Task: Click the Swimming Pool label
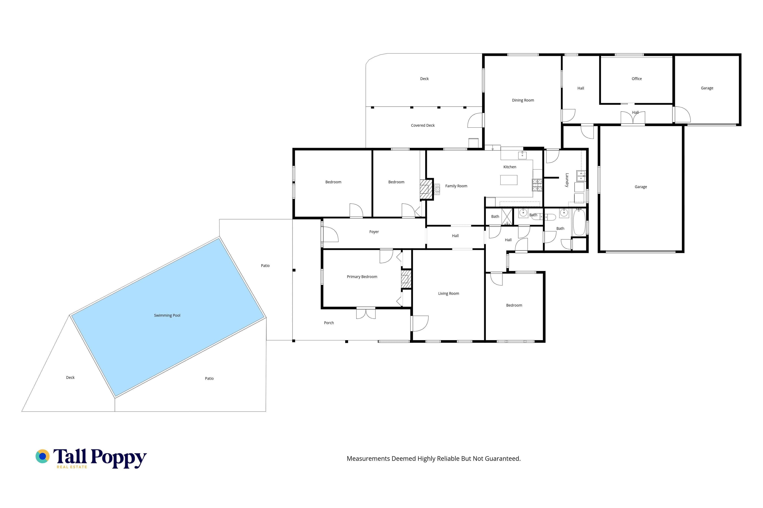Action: (167, 315)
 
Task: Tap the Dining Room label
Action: (523, 100)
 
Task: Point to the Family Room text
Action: (456, 186)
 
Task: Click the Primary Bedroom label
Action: (362, 277)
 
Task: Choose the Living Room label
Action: (448, 294)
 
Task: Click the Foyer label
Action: (374, 232)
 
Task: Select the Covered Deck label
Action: (422, 125)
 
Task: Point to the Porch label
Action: (329, 323)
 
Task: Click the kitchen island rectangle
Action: (508, 180)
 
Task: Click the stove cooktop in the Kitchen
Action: (537, 185)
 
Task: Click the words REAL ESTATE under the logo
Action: (72, 467)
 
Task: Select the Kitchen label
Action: (509, 167)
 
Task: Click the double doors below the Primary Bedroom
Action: (366, 313)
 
